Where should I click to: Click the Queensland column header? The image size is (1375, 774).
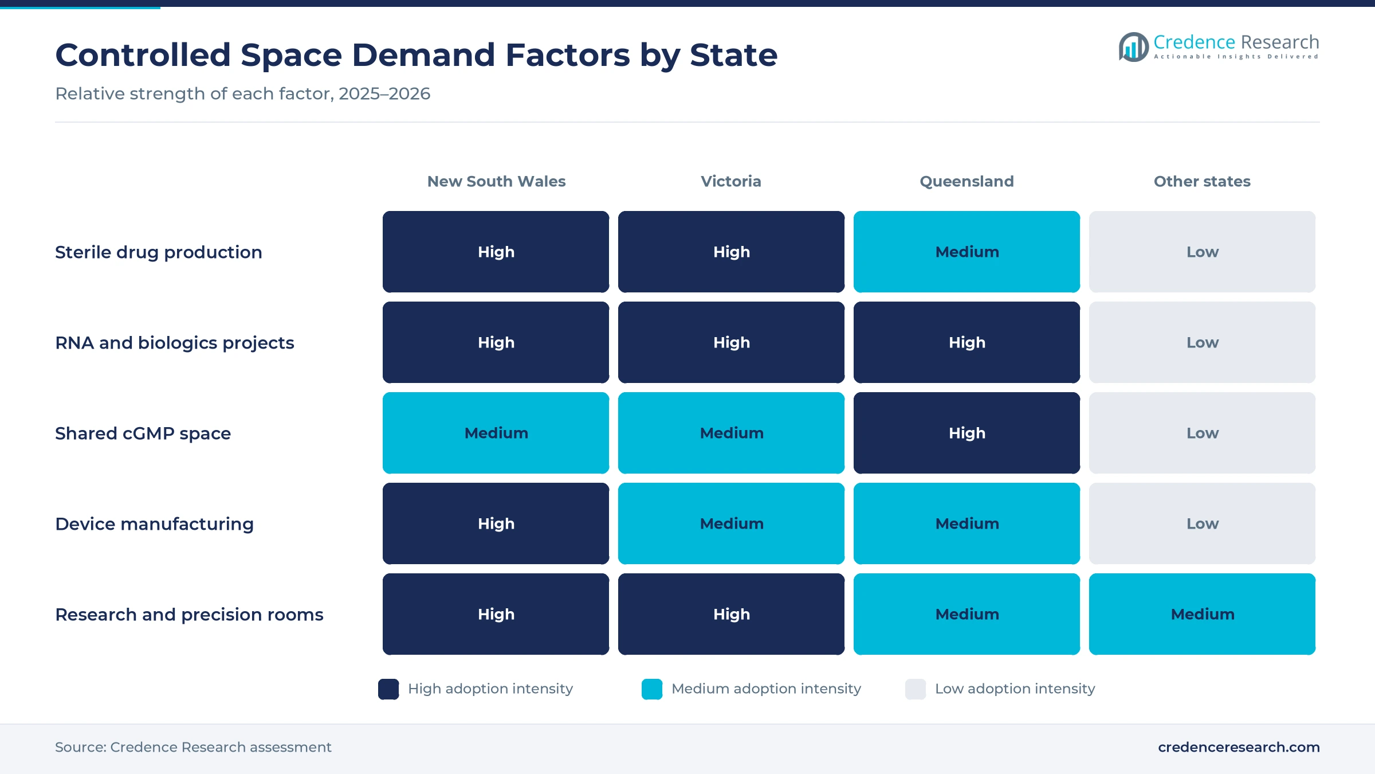(x=967, y=181)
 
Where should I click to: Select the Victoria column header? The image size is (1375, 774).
(x=731, y=181)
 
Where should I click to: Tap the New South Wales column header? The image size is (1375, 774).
(x=496, y=181)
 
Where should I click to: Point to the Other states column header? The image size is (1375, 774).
(x=1202, y=181)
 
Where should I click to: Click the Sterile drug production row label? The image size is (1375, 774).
(x=159, y=252)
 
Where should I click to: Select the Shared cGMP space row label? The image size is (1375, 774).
(x=143, y=433)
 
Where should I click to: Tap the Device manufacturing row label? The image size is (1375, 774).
(x=154, y=524)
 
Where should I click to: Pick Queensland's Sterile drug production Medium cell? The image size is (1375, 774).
(x=967, y=252)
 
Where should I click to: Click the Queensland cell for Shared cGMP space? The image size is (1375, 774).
(x=967, y=433)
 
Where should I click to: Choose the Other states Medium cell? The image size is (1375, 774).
(x=1202, y=614)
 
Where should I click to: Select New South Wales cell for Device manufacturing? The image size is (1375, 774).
(x=496, y=523)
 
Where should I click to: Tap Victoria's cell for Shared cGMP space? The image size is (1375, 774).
(x=731, y=433)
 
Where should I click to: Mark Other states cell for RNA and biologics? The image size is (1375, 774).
(x=1202, y=342)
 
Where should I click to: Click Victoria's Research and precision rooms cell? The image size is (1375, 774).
(x=731, y=614)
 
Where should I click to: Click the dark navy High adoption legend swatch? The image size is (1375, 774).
(x=388, y=689)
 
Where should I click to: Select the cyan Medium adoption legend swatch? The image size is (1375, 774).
(x=652, y=689)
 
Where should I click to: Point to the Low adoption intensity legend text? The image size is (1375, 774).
(x=1015, y=689)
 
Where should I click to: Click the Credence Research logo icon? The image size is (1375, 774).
(x=1134, y=46)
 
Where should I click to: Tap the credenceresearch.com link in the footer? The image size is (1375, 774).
(x=1239, y=747)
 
